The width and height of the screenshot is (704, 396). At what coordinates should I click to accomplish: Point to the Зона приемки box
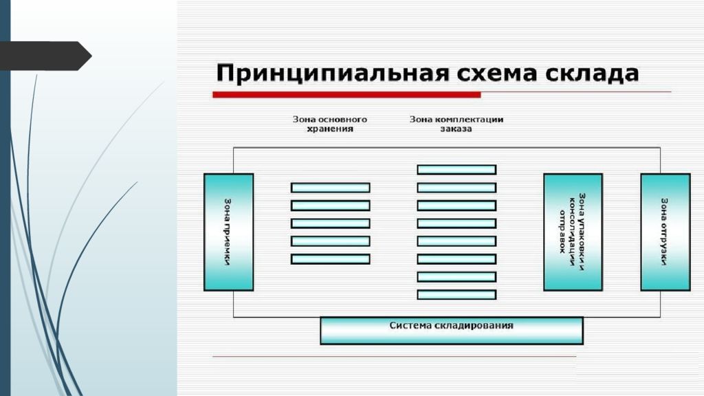229,232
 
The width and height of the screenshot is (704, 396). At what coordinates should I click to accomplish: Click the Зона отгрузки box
665,232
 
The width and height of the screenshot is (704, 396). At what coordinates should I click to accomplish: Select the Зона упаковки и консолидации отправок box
573,232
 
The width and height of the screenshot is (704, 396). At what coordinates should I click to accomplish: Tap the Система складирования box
452,331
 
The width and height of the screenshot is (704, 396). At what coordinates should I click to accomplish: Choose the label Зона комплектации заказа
456,124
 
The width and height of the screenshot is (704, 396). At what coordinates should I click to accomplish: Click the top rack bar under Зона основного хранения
331,187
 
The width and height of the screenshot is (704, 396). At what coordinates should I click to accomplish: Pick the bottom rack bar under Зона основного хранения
331,259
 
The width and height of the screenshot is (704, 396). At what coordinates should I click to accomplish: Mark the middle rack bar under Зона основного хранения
331,223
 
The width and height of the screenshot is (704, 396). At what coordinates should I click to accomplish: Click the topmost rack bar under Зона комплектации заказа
456,169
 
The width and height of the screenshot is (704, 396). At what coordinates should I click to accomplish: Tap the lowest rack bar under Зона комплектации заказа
456,294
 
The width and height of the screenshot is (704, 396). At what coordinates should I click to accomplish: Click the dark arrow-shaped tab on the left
45,56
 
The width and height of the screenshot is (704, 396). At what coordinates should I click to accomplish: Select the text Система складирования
452,325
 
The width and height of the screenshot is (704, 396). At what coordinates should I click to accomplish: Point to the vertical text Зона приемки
228,232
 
